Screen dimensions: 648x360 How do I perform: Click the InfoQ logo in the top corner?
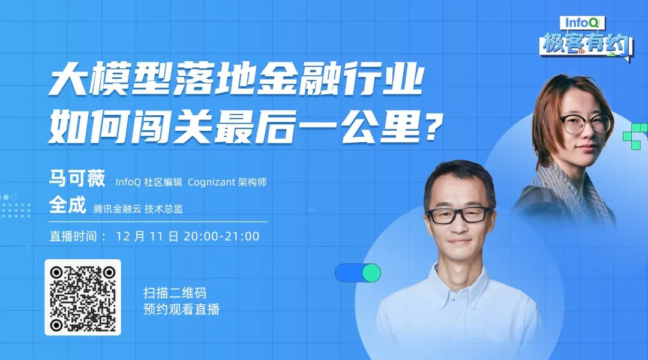(x=582, y=23)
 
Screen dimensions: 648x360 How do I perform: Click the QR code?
(x=83, y=297)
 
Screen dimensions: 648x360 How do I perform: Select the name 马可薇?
(x=77, y=179)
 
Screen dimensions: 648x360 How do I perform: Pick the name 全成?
(x=67, y=205)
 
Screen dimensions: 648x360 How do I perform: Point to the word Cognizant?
(x=211, y=182)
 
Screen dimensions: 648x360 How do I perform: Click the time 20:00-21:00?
(x=221, y=236)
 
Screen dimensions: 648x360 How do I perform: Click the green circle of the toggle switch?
(x=371, y=273)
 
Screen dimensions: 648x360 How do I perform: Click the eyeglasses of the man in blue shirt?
(x=459, y=215)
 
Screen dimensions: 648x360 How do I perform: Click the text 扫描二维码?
(x=175, y=293)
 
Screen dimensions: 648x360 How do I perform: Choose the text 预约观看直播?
(x=181, y=309)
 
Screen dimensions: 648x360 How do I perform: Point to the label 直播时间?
(x=73, y=236)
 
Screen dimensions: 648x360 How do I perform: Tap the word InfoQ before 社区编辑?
(x=128, y=182)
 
